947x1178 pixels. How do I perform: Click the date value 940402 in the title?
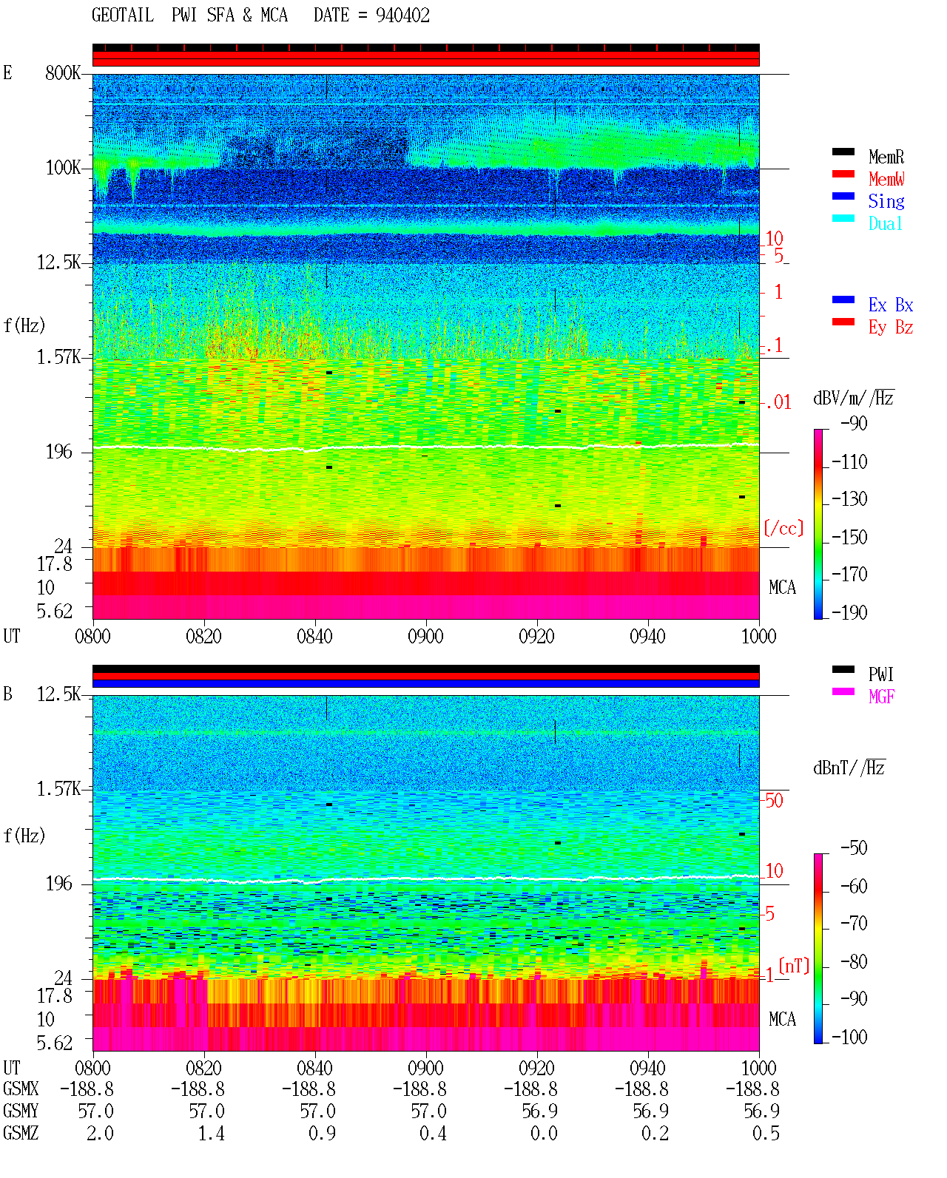tap(402, 16)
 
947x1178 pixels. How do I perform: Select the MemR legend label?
tap(886, 157)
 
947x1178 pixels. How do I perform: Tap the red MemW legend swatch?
tap(843, 174)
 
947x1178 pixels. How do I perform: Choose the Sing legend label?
tap(886, 201)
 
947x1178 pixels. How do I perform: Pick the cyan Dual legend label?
tap(886, 223)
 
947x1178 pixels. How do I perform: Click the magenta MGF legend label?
tap(881, 697)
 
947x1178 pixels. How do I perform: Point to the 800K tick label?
tap(63, 72)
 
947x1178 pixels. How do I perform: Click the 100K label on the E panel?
tap(63, 168)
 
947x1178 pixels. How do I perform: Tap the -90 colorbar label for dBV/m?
tap(854, 423)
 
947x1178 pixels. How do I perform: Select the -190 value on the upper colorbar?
tap(849, 612)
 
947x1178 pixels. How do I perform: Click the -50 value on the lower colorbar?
tap(854, 848)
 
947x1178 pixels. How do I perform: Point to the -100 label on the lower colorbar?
tap(849, 1037)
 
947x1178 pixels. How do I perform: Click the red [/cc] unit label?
tap(783, 528)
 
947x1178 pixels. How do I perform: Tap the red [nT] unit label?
tap(794, 966)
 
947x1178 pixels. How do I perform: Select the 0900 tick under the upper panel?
tap(425, 636)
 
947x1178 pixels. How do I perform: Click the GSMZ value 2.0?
tap(100, 1133)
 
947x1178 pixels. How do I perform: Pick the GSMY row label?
tap(21, 1111)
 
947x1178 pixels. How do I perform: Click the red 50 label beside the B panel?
tap(774, 800)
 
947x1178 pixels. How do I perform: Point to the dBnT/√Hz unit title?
tap(849, 768)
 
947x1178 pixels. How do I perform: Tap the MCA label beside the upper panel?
tap(782, 587)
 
